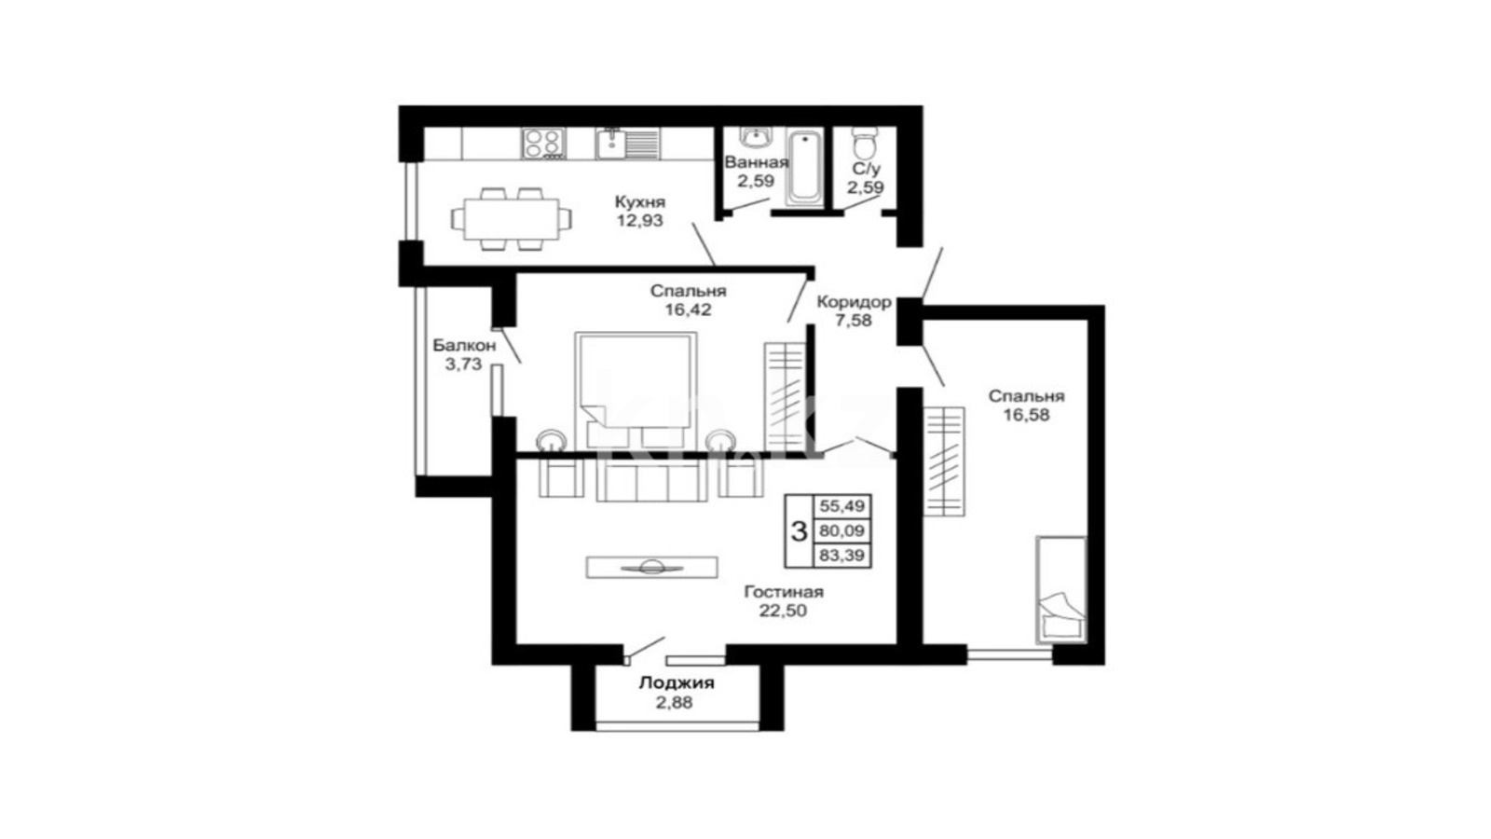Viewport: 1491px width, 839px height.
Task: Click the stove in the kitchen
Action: point(544,144)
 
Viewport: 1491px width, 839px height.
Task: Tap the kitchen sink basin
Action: point(610,144)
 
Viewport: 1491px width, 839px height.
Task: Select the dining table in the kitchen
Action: point(512,219)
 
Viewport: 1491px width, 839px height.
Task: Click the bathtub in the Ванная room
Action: point(805,168)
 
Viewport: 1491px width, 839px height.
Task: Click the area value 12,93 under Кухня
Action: point(639,220)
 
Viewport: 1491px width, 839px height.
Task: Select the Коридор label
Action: point(854,302)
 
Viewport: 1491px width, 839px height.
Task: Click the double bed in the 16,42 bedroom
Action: point(635,391)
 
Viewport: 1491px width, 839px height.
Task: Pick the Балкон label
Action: point(464,346)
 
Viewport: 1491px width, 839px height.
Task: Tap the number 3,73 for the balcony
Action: point(463,364)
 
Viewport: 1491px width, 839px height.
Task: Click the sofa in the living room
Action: point(651,481)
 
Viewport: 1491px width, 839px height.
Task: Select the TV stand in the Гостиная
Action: point(651,568)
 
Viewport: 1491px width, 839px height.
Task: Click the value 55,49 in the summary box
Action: point(842,506)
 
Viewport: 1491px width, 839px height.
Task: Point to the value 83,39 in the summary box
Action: point(842,556)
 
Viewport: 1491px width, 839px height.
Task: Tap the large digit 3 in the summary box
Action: point(799,531)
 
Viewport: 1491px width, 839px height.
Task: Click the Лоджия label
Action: point(677,683)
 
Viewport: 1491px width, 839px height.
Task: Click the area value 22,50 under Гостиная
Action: point(784,611)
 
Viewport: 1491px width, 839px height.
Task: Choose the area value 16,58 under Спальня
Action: point(1026,415)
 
